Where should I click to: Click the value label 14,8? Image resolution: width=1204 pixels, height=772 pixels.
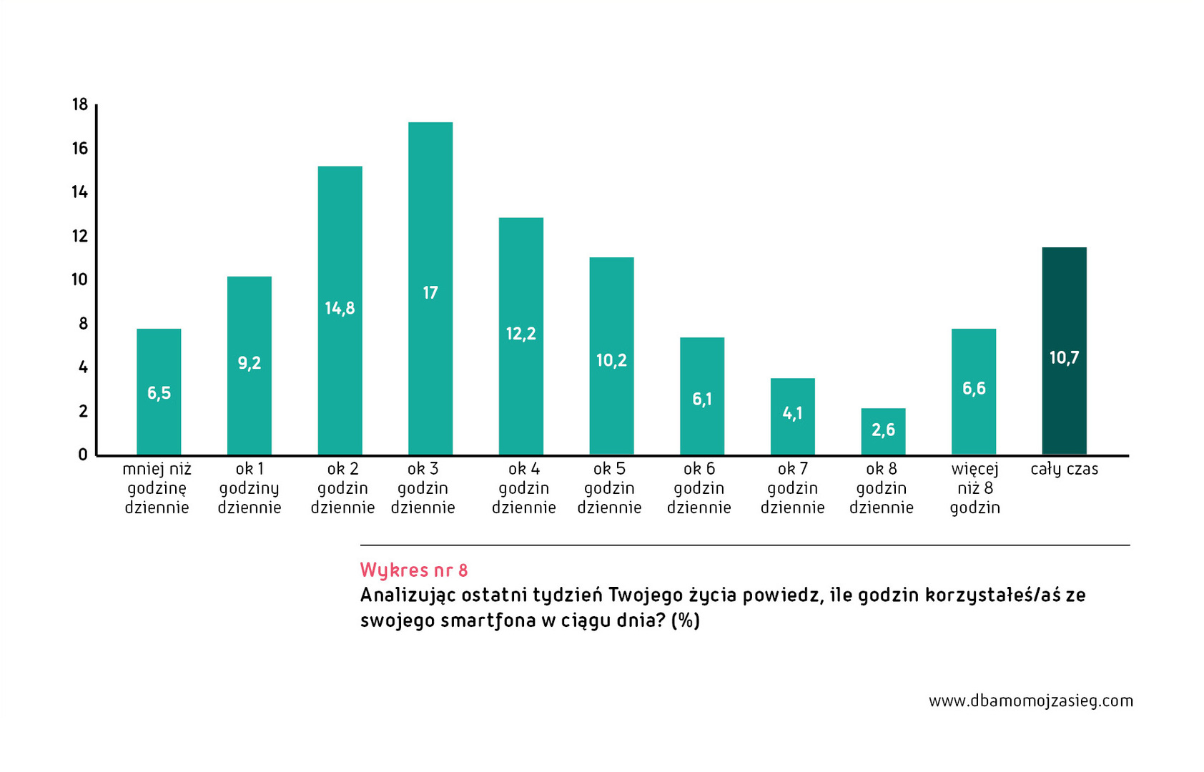[340, 308]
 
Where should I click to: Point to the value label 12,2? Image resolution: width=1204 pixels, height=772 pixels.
[520, 334]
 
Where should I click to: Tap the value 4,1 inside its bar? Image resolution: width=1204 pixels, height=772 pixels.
[792, 413]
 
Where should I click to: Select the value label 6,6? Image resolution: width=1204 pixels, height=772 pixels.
[974, 388]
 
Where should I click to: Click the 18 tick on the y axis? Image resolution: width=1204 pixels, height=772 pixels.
[80, 105]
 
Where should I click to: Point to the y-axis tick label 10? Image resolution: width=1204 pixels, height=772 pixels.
[80, 279]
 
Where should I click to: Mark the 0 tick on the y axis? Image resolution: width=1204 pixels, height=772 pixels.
[83, 455]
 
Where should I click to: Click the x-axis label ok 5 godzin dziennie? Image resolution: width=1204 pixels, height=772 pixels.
[609, 488]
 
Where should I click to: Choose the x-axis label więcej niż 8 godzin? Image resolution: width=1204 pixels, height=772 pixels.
[974, 488]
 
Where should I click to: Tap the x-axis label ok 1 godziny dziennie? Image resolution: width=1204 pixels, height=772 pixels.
[250, 488]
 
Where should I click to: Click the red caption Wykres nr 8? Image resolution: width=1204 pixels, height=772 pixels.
[414, 570]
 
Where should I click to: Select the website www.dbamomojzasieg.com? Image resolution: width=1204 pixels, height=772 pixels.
[1031, 701]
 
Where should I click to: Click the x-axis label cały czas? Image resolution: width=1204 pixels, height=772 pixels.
[1064, 469]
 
